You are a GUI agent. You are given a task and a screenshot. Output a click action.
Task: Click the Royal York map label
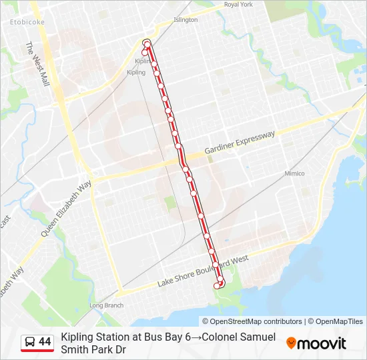pyautogui.click(x=238, y=5)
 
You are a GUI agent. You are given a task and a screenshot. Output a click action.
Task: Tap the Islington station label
pyautogui.click(x=186, y=20)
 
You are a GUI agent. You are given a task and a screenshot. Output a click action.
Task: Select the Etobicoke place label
pyautogui.click(x=27, y=22)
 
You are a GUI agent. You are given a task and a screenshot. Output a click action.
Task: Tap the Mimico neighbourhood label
pyautogui.click(x=294, y=173)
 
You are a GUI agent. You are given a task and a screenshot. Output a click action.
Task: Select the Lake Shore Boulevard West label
pyautogui.click(x=203, y=272)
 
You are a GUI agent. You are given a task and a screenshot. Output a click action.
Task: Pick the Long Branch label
pyautogui.click(x=107, y=305)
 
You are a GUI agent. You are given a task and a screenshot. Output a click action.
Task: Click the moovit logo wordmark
pyautogui.click(x=322, y=343)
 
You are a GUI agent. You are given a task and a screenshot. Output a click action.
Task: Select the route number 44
pyautogui.click(x=45, y=342)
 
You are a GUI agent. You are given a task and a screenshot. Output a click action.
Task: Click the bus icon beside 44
pyautogui.click(x=30, y=343)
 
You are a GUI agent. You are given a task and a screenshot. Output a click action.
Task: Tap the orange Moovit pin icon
pyautogui.click(x=291, y=343)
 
